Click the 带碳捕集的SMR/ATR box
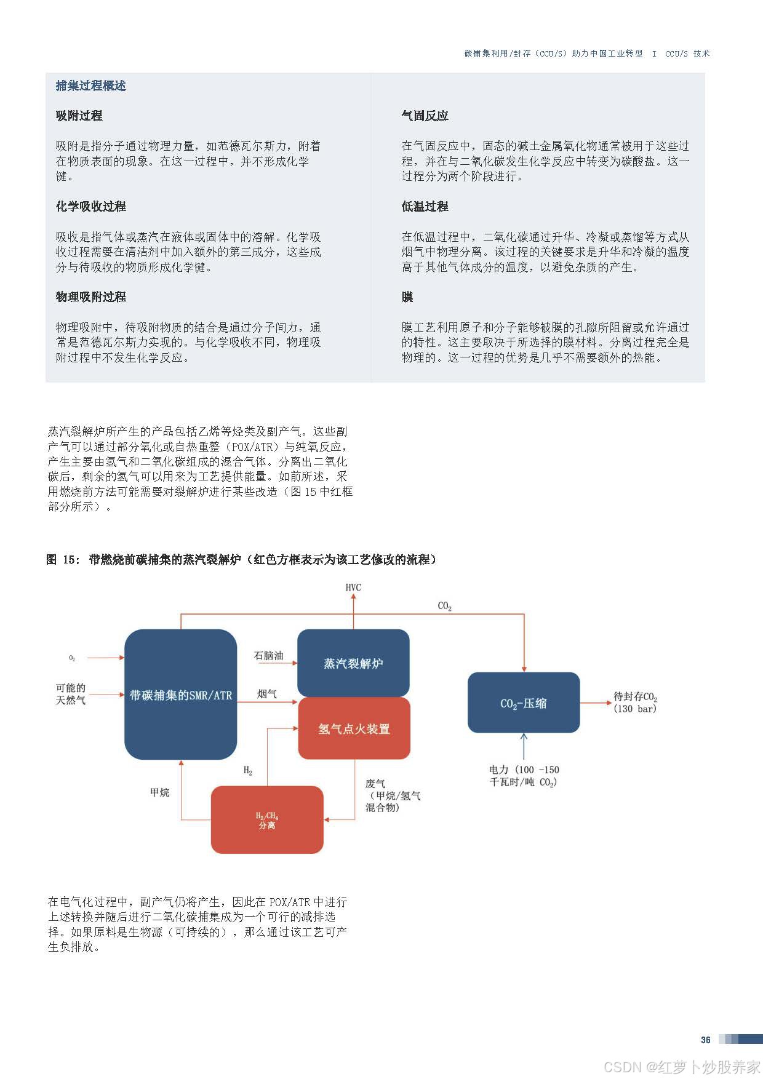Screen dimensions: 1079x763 pyautogui.click(x=180, y=695)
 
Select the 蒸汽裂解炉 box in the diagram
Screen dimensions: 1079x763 pyautogui.click(x=353, y=663)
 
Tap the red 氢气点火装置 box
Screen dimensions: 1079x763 pyautogui.click(x=354, y=729)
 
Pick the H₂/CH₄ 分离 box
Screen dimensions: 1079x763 pyautogui.click(x=267, y=820)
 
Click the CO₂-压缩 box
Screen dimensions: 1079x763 pyautogui.click(x=524, y=703)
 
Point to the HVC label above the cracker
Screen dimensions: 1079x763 pyautogui.click(x=353, y=587)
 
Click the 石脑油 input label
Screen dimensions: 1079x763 pyautogui.click(x=268, y=656)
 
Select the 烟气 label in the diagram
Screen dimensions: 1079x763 pyautogui.click(x=267, y=694)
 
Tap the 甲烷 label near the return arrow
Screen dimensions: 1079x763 pyautogui.click(x=159, y=792)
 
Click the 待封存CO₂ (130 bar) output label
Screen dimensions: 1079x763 pyautogui.click(x=635, y=703)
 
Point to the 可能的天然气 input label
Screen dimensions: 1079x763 pyautogui.click(x=71, y=694)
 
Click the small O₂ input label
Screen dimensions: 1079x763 pyautogui.click(x=72, y=658)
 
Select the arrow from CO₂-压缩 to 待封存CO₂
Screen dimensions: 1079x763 pyautogui.click(x=595, y=703)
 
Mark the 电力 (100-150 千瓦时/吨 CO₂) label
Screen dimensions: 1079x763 pyautogui.click(x=524, y=776)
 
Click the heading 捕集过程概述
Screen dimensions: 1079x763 pyautogui.click(x=90, y=86)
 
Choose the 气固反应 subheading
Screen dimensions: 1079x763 pyautogui.click(x=425, y=116)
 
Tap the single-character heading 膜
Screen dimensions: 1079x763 pyautogui.click(x=407, y=297)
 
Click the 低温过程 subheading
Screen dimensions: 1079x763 pyautogui.click(x=425, y=207)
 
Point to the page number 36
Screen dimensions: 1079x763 pyautogui.click(x=706, y=1040)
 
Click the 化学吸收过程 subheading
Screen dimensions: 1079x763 pyautogui.click(x=90, y=207)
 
